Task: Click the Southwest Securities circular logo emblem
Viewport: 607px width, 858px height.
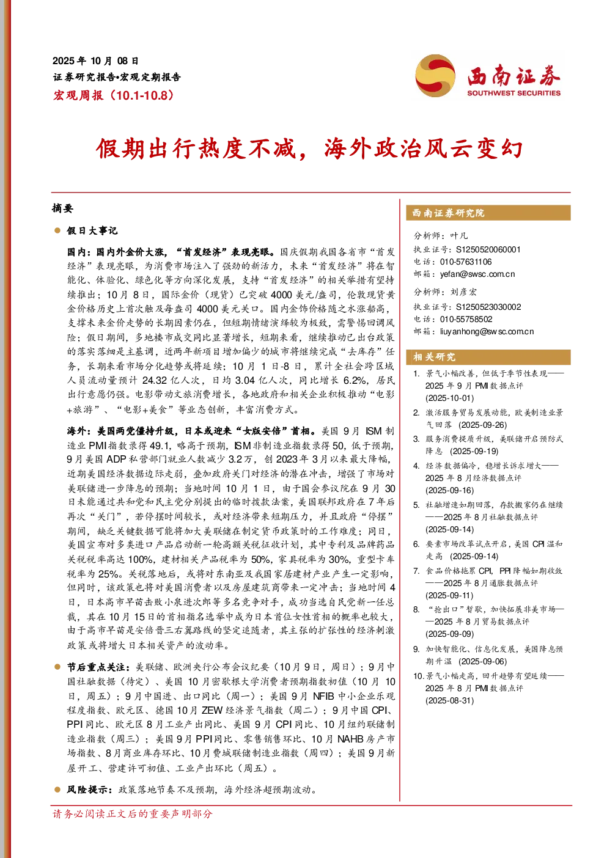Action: click(435, 75)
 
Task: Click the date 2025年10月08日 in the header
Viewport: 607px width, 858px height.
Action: click(95, 61)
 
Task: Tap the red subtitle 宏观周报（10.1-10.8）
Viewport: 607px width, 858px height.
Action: click(114, 95)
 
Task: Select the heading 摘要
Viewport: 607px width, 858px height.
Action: click(62, 208)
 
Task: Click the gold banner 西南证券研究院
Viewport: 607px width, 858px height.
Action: click(488, 213)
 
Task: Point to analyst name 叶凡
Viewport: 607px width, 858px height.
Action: click(459, 235)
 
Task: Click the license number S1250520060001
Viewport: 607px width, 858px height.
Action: click(488, 249)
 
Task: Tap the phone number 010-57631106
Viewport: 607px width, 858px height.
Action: click(466, 262)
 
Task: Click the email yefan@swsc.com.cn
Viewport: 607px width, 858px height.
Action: click(477, 274)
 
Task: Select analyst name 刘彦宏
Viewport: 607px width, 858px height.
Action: click(464, 292)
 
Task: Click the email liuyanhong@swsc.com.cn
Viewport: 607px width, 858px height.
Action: click(487, 331)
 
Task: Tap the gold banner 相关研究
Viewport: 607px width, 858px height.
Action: click(488, 357)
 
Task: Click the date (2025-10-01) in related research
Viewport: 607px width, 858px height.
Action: click(449, 398)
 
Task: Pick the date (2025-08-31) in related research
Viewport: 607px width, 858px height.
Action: click(449, 700)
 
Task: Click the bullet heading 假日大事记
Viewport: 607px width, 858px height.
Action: click(92, 230)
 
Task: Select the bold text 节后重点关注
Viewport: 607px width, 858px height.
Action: click(96, 667)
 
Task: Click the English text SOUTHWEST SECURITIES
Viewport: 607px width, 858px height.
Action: click(513, 93)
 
